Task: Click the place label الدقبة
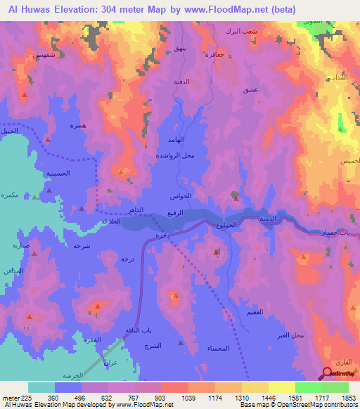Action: [182, 82]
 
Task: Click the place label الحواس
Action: [181, 197]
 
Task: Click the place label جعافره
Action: [214, 54]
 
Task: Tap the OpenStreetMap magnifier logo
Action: [327, 374]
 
